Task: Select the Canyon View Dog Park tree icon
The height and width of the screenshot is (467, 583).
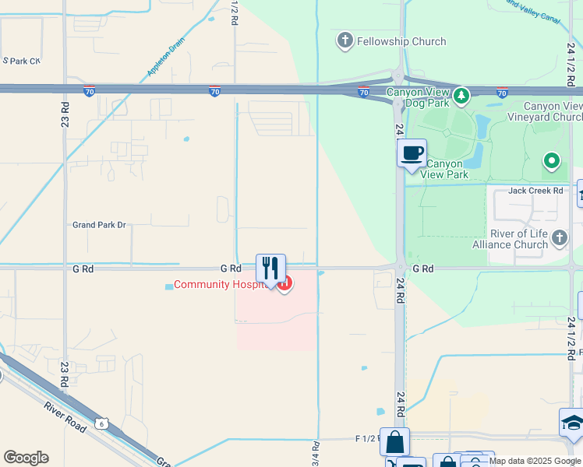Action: coord(462,96)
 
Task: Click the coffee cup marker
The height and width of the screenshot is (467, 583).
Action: coord(412,153)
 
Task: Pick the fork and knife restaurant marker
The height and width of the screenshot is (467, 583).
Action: coord(270,269)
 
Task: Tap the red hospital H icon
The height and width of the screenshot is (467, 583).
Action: coord(285,284)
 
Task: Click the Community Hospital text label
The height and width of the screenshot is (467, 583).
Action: coord(221,284)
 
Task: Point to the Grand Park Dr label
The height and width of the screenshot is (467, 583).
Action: coord(99,225)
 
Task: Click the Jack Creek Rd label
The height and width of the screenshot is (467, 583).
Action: coord(535,191)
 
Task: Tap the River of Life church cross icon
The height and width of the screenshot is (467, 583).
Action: coord(559,237)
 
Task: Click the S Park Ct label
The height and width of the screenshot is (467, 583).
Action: coord(22,60)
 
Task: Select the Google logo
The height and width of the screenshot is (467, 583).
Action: coord(26,458)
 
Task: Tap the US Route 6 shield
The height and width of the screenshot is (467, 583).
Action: coord(102,423)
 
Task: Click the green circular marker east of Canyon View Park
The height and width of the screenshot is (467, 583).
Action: coord(552,161)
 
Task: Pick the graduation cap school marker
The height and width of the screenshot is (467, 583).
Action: coord(572,423)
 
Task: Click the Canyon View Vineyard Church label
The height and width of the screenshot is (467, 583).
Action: coord(552,111)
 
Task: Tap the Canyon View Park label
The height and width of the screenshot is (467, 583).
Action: coord(445,169)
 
